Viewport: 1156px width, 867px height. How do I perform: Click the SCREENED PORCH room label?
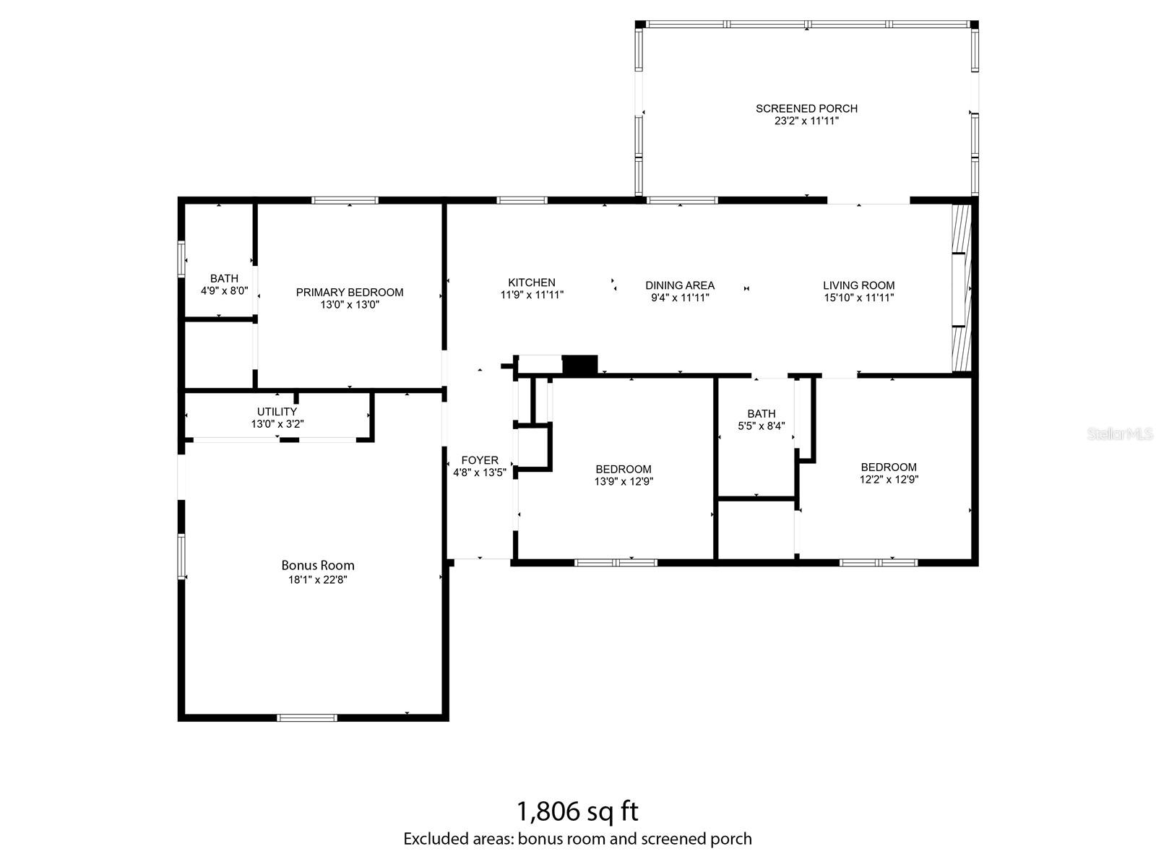[x=806, y=108]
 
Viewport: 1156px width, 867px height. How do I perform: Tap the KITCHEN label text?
[x=531, y=282]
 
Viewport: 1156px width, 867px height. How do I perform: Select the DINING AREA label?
[x=680, y=285]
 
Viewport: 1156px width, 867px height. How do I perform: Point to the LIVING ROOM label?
[x=858, y=285]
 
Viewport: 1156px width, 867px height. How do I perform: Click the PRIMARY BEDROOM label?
[x=350, y=292]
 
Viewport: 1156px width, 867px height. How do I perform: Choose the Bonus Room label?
[x=318, y=566]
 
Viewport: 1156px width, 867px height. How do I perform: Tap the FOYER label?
[x=479, y=460]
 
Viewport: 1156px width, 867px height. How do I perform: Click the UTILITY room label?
[x=277, y=412]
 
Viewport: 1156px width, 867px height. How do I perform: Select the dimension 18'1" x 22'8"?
[x=318, y=579]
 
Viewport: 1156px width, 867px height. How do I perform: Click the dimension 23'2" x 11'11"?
[x=806, y=121]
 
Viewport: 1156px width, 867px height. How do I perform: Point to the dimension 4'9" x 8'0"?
[x=225, y=290]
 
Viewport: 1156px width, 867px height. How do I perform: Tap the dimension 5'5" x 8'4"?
[x=762, y=426]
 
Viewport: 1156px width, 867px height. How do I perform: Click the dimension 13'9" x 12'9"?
[x=624, y=481]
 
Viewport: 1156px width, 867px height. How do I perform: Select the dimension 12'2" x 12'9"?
[x=889, y=479]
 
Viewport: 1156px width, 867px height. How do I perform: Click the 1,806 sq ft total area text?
[x=578, y=811]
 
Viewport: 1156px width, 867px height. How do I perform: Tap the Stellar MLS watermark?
[x=1120, y=434]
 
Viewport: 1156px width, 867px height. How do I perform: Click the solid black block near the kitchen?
[x=580, y=366]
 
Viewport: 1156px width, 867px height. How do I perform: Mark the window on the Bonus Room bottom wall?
[x=307, y=717]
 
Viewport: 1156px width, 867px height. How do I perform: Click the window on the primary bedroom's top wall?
[x=345, y=200]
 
